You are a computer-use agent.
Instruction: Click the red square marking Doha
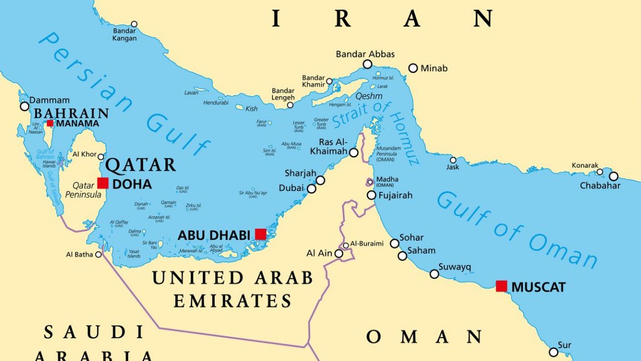103,183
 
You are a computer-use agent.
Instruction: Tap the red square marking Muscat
501,286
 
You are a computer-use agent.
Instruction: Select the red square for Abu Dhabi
260,234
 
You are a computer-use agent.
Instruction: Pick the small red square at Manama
50,123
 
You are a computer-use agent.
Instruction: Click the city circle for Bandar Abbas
368,64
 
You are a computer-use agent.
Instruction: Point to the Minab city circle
413,68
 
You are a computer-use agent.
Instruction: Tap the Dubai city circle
311,188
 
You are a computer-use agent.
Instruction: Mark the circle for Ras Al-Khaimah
354,152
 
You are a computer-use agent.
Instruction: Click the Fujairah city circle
371,195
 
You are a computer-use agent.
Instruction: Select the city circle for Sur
553,352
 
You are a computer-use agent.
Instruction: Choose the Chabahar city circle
613,176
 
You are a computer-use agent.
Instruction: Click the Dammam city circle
25,106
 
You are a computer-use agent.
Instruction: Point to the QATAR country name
141,164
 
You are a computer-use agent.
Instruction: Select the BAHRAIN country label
71,113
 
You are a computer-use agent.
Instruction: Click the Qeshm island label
369,96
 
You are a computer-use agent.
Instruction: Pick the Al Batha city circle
98,255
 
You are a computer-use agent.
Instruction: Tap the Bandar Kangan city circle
134,24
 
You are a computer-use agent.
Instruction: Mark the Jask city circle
453,160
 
